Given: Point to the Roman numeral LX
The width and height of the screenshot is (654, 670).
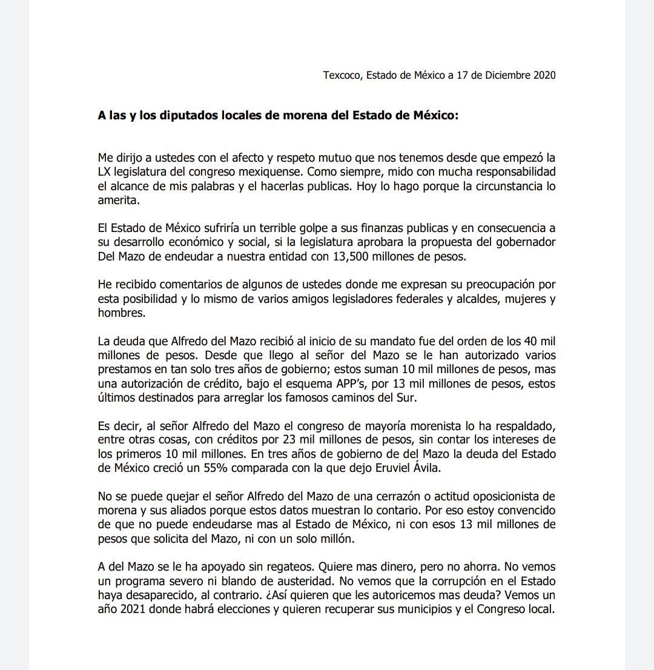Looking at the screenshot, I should (105, 172).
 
